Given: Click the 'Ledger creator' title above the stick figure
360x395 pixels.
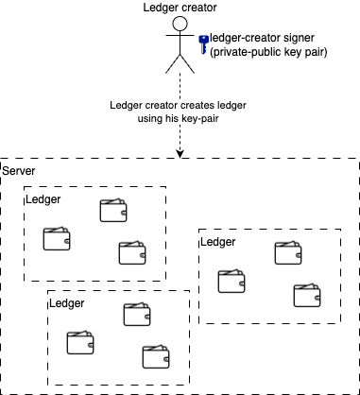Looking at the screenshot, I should click(180, 9).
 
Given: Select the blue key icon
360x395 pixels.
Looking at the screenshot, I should click(203, 43).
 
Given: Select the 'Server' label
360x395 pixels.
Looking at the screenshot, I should click(20, 170).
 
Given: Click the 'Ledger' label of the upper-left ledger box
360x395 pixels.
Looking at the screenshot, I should click(43, 199).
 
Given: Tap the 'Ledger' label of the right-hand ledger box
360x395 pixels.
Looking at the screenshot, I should click(218, 242).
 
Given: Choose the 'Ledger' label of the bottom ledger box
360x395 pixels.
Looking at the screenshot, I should click(66, 303).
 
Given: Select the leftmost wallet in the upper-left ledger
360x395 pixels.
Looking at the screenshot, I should click(57, 239).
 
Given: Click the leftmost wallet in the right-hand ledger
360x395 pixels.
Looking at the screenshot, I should click(231, 281).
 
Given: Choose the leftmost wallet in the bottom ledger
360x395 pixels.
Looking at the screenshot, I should click(79, 343).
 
